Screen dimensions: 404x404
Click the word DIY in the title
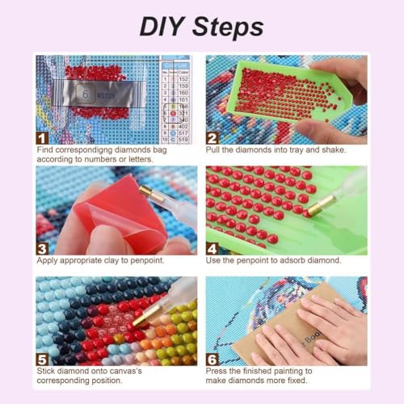pyautogui.click(x=165, y=26)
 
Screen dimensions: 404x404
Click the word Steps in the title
pyautogui.click(x=229, y=27)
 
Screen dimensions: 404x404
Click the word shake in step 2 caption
pyautogui.click(x=331, y=149)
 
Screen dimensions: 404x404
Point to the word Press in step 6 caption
pyautogui.click(x=217, y=370)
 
